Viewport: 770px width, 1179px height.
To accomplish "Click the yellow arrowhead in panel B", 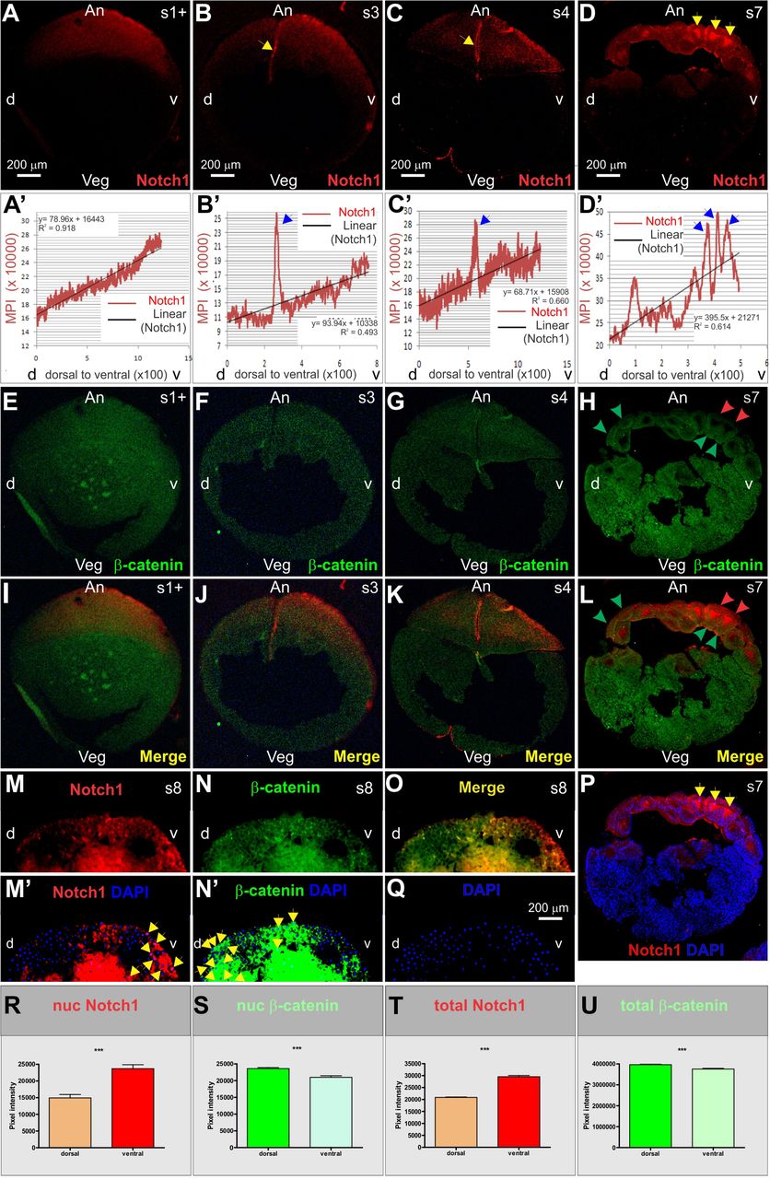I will pos(265,46).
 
